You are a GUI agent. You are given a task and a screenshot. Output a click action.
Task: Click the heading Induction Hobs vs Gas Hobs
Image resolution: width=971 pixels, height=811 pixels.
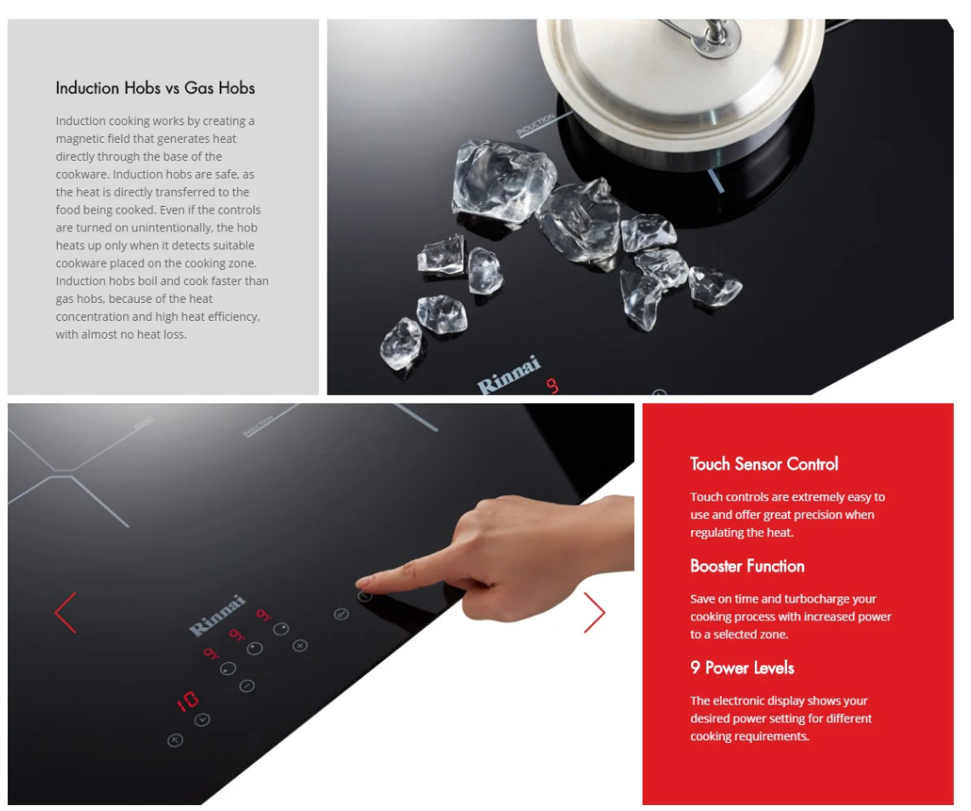[x=155, y=88]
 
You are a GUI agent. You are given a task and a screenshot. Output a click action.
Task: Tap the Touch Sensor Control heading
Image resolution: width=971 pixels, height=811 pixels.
[x=764, y=464]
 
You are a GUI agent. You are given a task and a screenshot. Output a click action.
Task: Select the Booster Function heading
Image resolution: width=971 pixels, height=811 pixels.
[x=747, y=566]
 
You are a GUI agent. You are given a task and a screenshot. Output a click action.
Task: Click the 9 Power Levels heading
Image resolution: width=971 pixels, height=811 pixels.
[x=742, y=668]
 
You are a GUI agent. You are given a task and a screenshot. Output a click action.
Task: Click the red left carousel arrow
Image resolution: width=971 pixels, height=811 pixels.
[x=66, y=613]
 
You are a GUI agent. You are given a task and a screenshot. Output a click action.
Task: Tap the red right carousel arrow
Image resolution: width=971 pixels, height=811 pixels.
[x=595, y=613]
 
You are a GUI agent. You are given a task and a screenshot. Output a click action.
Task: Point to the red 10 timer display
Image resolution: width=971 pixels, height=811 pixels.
[x=188, y=701]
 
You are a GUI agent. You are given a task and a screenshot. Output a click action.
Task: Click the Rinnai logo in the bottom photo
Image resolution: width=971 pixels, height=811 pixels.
[x=218, y=614]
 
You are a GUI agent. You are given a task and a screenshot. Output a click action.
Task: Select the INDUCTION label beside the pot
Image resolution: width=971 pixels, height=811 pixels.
[x=536, y=126]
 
